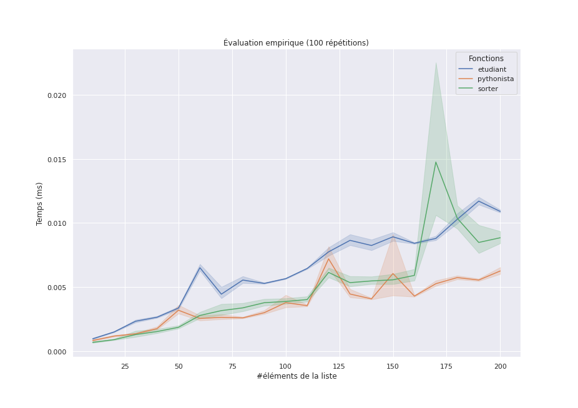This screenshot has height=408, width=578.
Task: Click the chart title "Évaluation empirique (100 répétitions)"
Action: pos(296,43)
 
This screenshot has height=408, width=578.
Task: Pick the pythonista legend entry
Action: pos(496,79)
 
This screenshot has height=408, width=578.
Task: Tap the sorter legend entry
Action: pos(487,89)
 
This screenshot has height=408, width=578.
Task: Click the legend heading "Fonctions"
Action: pos(486,59)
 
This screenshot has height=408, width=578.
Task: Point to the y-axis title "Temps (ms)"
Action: pos(40,203)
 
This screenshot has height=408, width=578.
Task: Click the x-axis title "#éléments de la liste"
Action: pos(296,376)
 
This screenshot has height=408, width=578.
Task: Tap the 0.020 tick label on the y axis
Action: pos(57,95)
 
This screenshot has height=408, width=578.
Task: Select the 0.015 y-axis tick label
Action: pos(57,160)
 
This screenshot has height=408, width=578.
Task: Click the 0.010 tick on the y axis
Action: pos(57,223)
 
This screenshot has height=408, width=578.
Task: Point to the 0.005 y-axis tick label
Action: pos(57,288)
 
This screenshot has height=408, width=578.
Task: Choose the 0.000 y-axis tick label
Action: pos(57,352)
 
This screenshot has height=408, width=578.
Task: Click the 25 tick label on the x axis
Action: pos(125,366)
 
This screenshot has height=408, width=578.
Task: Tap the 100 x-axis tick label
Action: pos(286,366)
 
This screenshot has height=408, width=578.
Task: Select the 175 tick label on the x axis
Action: pos(446,366)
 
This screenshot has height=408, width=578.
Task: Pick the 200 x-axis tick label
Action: pos(500,366)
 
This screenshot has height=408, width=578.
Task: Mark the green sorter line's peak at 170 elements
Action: pos(436,162)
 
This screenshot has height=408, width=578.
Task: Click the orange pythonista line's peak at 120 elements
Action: pos(328,258)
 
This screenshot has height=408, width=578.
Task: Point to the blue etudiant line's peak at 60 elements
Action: pos(200,268)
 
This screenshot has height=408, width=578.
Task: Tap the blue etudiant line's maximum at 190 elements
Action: pos(479,201)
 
